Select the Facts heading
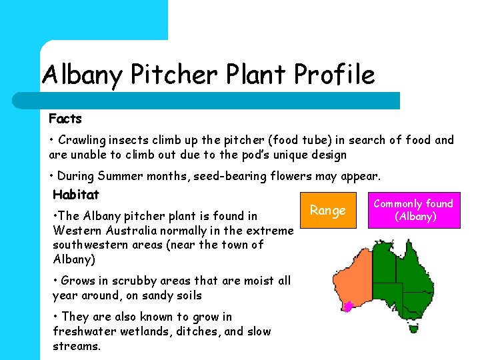pos(65,119)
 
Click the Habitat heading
pos(75,195)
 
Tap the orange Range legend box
pos(328,211)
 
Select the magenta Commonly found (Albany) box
pos(413,211)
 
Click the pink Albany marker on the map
pos(347,307)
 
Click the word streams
pos(76,346)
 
